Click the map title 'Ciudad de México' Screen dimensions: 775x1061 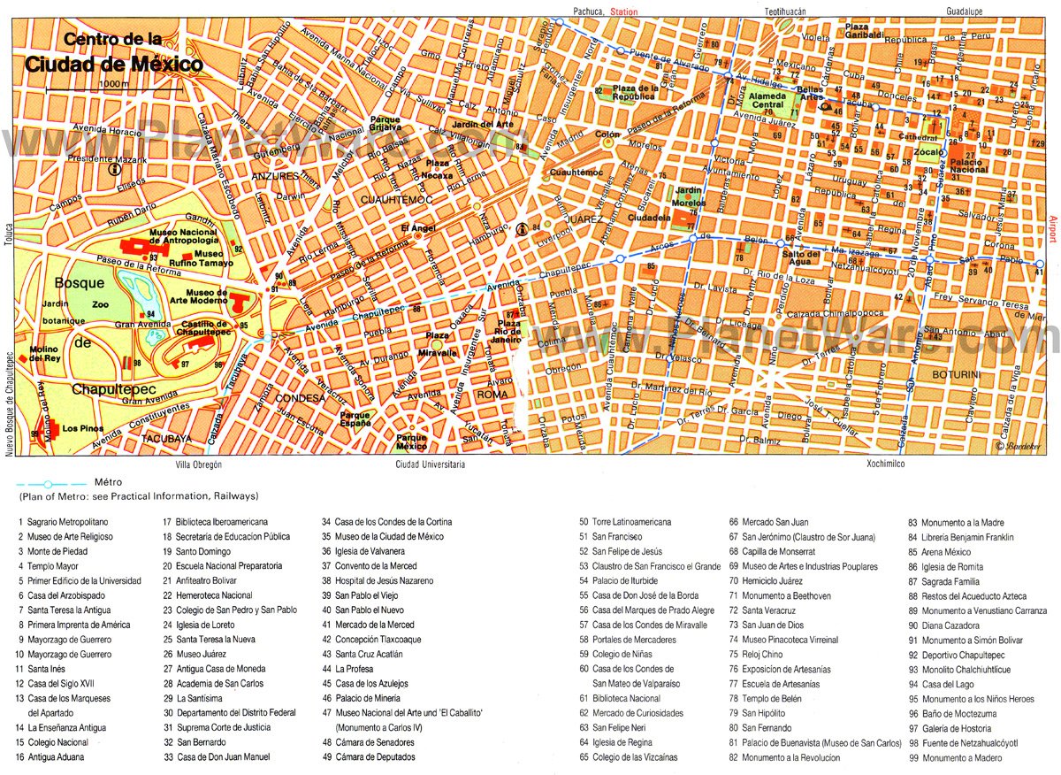[x=114, y=65]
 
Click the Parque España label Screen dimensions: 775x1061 [x=355, y=418]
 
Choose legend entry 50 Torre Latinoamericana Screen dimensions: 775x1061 [x=624, y=522]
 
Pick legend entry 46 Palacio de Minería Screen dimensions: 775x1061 [x=365, y=698]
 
